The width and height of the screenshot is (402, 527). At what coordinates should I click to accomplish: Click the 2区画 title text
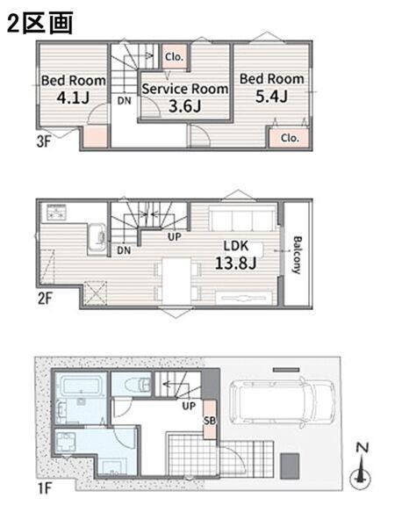pos(40,23)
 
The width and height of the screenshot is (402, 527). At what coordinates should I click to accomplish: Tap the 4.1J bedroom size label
pos(73,97)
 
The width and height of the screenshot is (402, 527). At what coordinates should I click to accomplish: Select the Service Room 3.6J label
pos(185,97)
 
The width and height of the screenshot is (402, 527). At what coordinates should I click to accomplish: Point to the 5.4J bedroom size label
pos(271,97)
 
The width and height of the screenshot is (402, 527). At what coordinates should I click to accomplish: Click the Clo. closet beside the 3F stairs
pos(174,57)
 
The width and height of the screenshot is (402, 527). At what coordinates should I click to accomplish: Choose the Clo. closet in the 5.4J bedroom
pos(290,138)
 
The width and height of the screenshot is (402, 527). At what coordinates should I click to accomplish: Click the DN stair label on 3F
pos(125,100)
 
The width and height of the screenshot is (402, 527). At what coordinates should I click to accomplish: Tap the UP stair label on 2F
pos(175,236)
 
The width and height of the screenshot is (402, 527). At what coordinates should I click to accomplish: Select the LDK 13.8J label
pos(236,255)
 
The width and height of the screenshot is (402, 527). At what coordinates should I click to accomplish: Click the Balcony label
pos(297,255)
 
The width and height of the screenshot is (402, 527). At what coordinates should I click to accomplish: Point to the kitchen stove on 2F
pos(56,212)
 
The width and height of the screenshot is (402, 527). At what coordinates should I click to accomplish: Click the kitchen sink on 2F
pos(97,239)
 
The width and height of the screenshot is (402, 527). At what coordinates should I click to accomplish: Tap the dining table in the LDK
pos(176,280)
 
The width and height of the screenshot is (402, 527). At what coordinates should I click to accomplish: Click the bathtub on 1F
pos(82,384)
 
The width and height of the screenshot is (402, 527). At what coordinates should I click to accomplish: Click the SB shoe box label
pos(210,420)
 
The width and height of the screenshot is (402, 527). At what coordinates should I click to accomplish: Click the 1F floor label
pos(45,488)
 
